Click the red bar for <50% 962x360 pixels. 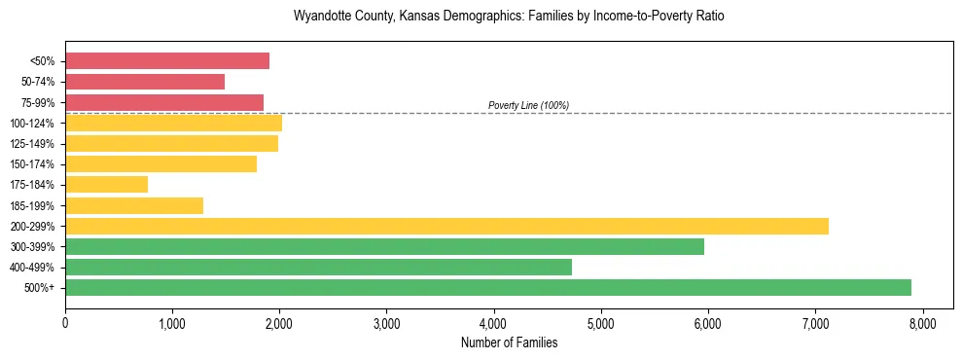[x=167, y=61]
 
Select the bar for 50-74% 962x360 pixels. [x=145, y=82]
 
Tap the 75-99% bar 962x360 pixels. [x=164, y=102]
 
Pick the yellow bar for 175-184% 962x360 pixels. [x=107, y=184]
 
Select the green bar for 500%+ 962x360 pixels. [x=488, y=287]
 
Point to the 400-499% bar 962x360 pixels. [x=318, y=267]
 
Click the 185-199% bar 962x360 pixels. [x=134, y=205]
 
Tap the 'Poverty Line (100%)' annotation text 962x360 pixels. [x=528, y=105]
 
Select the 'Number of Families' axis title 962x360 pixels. [x=509, y=342]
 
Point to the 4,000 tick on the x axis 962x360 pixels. [x=494, y=323]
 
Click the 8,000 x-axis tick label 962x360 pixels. [x=922, y=323]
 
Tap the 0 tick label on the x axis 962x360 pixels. [x=65, y=323]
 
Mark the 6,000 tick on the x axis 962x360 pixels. [x=708, y=323]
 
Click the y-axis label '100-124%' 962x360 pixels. [x=32, y=124]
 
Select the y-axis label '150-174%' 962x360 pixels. [x=32, y=164]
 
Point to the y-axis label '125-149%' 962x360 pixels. [x=32, y=144]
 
